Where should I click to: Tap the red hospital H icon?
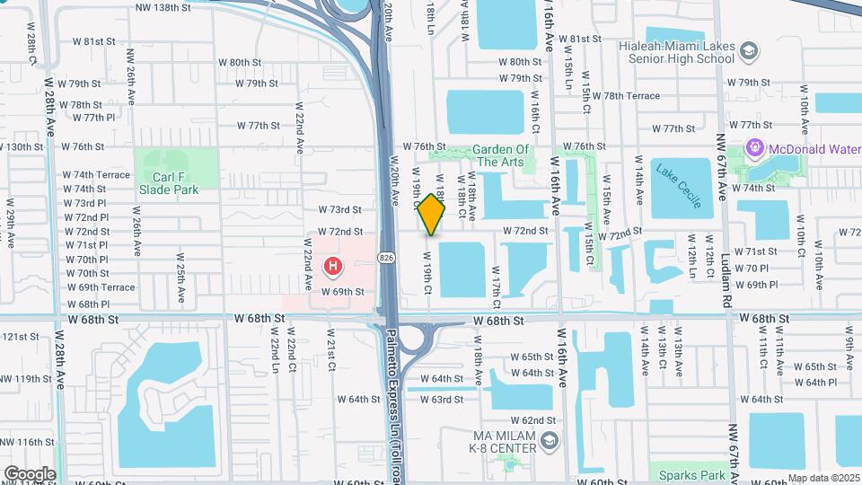click(x=333, y=266)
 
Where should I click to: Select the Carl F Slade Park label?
click(x=168, y=183)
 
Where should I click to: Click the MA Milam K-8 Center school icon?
click(x=550, y=440)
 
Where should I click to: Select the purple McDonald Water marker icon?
click(x=752, y=146)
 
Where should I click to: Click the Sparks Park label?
click(x=691, y=474)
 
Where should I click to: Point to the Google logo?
click(x=29, y=473)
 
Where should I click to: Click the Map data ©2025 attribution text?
click(x=823, y=478)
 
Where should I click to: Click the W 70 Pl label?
click(x=751, y=269)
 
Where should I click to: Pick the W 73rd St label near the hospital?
click(x=339, y=209)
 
